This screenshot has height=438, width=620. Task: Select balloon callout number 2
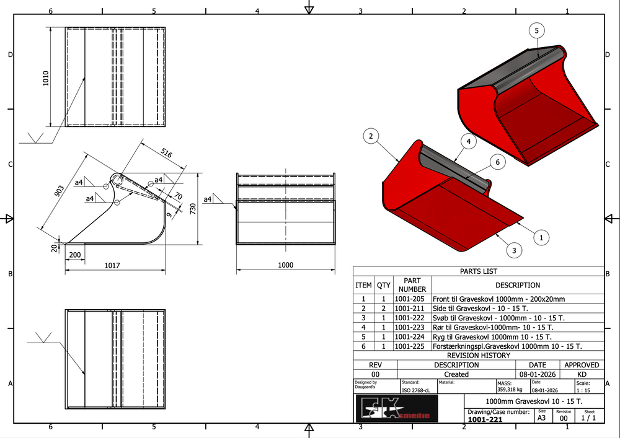(370, 136)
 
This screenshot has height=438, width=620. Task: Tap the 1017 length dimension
(112, 266)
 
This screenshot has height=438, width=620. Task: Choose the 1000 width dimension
(285, 265)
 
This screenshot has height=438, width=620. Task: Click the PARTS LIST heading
(478, 271)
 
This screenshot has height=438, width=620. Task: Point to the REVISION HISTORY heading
(478, 356)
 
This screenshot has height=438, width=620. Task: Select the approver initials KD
(582, 374)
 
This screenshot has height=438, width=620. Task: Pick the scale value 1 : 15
(583, 391)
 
